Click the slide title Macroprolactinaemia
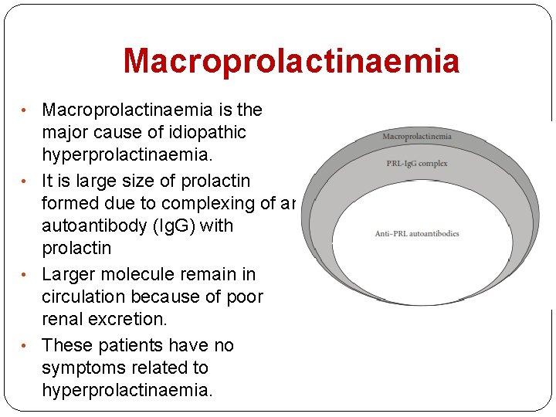(291, 61)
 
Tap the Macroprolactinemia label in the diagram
(417, 137)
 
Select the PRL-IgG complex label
(417, 164)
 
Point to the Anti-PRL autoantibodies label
(417, 233)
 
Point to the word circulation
(87, 297)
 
